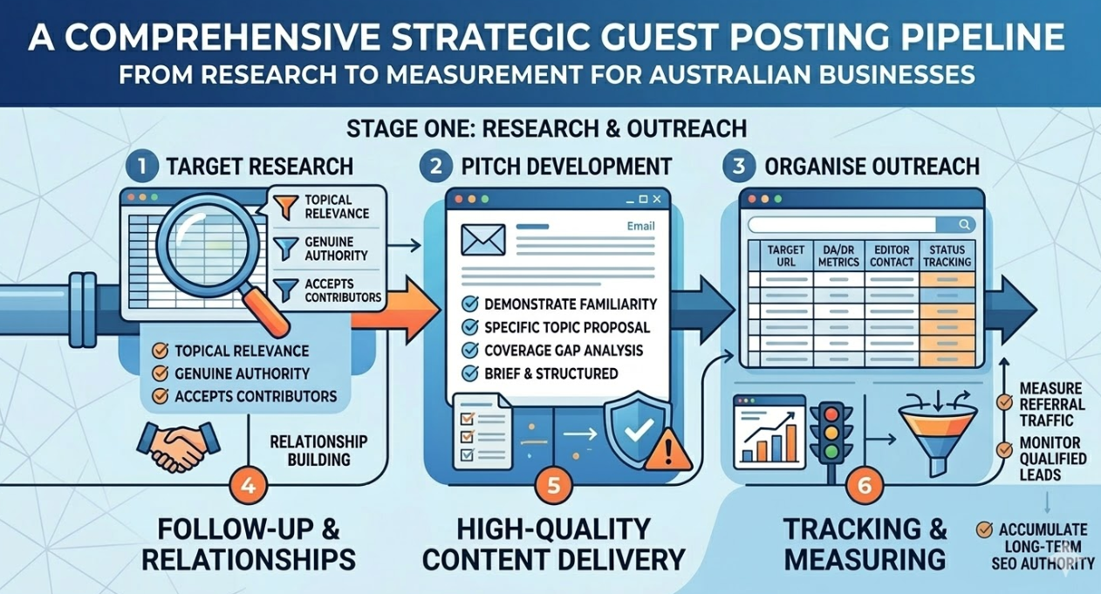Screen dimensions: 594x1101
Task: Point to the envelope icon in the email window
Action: pos(482,239)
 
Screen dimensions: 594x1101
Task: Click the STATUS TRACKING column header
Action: pos(947,256)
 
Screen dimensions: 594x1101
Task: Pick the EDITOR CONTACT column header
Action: pos(892,256)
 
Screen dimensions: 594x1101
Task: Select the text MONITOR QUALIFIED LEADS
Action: pos(1051,458)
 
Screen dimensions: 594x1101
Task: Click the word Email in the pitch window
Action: pos(641,227)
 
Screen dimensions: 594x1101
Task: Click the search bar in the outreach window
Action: pos(859,223)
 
